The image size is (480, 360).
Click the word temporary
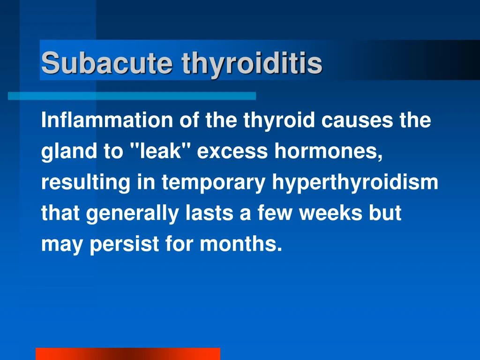[213, 183]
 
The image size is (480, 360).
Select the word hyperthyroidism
[355, 183]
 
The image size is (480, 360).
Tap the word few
[273, 213]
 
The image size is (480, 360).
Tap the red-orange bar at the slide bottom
[127, 354]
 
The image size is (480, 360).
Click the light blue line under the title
[132, 96]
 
